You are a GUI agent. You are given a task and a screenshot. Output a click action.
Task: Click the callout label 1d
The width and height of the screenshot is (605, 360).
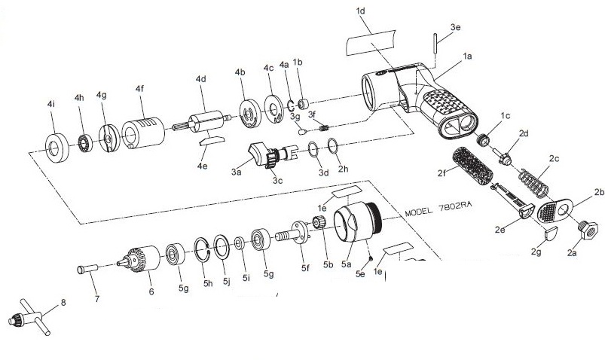tap(360, 12)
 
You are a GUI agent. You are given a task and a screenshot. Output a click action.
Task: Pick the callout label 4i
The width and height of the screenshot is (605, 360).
tap(50, 102)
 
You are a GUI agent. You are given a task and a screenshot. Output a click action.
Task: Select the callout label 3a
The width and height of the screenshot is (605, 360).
tap(236, 172)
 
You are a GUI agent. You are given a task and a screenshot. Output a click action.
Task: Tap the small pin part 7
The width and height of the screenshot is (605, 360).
tap(87, 269)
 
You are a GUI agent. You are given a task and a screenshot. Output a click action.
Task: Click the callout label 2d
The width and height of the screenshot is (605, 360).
tap(524, 133)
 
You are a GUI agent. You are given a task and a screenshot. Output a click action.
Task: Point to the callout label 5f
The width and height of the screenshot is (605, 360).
tap(304, 267)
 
